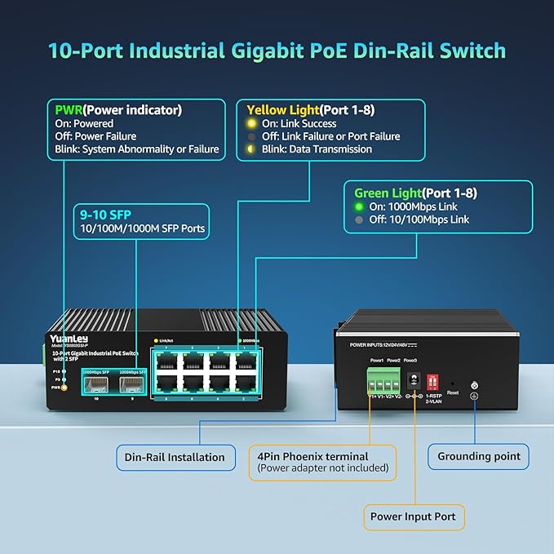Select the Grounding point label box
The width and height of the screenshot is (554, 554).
(479, 456)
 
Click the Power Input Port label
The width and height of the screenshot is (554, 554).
(414, 516)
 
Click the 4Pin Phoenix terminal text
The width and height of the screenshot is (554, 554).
(312, 456)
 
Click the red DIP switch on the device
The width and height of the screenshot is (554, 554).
(433, 380)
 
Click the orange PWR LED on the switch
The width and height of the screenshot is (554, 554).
(64, 387)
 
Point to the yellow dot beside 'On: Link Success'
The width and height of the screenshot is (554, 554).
(252, 123)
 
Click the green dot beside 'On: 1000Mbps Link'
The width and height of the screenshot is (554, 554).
(359, 207)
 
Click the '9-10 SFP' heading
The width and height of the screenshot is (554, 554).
(104, 214)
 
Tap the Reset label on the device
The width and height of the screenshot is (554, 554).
(453, 392)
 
